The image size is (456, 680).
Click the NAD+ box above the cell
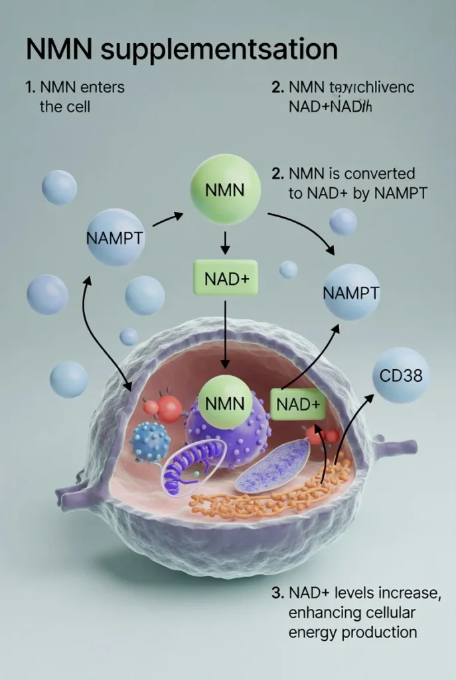click(x=225, y=278)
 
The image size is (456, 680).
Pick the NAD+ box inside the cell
click(x=298, y=403)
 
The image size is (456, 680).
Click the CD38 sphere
click(x=401, y=375)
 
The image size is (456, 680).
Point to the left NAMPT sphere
click(x=115, y=238)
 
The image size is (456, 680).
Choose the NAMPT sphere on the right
click(x=351, y=292)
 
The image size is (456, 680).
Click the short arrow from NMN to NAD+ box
click(x=225, y=244)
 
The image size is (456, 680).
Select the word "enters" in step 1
click(x=96, y=87)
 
